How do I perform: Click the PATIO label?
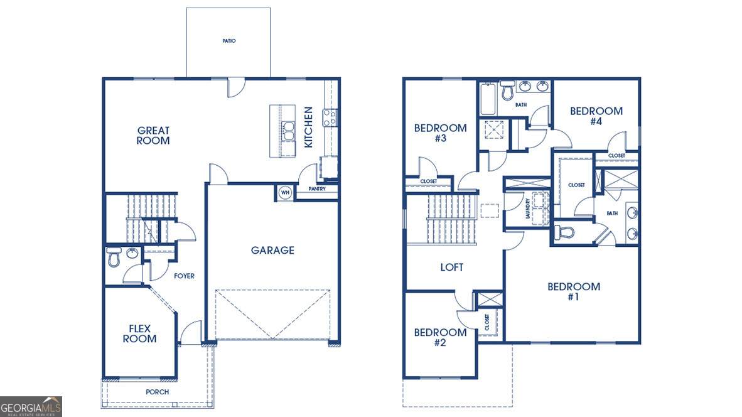click(229, 41)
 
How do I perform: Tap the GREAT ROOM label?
click(153, 136)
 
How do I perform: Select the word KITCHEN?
click(308, 127)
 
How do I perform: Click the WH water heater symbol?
click(285, 193)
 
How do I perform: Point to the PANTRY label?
click(317, 189)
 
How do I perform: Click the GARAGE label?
click(272, 251)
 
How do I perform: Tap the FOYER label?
click(184, 276)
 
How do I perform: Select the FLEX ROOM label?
click(139, 333)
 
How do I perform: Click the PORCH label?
click(157, 392)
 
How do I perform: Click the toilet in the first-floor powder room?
click(114, 257)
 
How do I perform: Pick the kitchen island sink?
click(288, 131)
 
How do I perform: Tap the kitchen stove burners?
click(330, 117)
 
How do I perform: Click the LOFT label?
click(452, 268)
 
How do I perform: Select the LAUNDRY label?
click(528, 208)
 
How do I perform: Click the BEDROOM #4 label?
click(596, 116)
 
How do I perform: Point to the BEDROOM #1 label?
click(574, 291)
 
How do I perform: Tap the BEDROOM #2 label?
click(440, 337)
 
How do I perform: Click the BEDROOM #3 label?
click(440, 133)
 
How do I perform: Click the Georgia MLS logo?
click(31, 407)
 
